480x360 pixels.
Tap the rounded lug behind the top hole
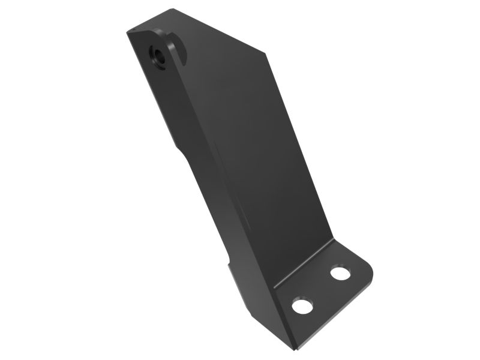point(178,48)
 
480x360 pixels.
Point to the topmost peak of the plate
point(174,9)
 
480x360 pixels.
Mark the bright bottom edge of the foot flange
point(336,318)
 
